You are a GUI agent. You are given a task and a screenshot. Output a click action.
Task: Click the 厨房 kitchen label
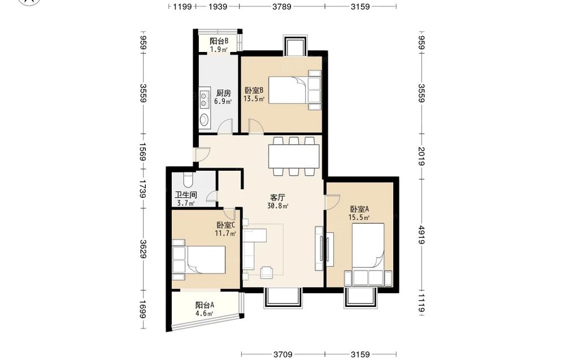click(223, 93)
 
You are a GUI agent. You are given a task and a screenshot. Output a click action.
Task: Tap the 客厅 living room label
click(278, 197)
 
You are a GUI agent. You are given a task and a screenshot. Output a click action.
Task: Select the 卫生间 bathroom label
click(186, 195)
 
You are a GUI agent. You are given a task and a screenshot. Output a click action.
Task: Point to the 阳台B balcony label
click(219, 41)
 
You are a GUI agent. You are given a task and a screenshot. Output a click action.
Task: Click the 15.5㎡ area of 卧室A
click(359, 217)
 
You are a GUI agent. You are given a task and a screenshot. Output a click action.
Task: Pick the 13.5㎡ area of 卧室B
click(254, 98)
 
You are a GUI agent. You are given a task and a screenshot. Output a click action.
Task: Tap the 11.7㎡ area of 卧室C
click(225, 233)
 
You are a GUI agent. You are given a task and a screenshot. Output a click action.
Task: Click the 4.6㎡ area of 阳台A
click(205, 313)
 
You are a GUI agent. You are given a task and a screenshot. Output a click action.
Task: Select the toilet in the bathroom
click(188, 179)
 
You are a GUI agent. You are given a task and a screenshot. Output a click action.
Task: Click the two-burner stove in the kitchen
click(205, 99)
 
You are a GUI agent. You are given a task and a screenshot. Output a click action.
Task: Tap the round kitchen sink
click(205, 119)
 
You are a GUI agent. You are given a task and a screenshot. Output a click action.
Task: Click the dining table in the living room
click(294, 157)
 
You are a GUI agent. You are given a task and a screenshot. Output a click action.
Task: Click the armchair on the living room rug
click(267, 272)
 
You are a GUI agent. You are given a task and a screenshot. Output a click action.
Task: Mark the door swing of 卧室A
click(333, 202)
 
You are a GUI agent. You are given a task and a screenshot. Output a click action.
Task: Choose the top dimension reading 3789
click(282, 6)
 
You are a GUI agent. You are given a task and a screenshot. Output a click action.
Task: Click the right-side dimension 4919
click(421, 235)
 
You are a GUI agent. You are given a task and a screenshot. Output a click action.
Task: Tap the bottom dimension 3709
click(283, 354)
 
